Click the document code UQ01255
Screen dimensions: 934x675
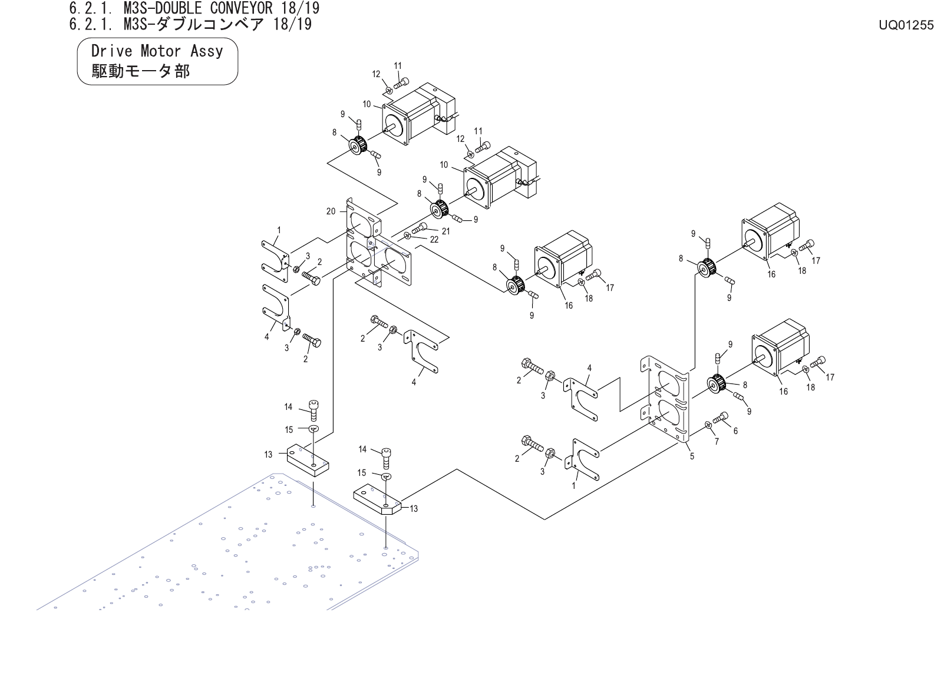click(x=906, y=25)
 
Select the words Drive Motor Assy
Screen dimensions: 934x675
click(x=157, y=51)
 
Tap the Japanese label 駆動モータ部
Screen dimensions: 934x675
click(x=141, y=71)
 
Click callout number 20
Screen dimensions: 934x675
click(x=331, y=211)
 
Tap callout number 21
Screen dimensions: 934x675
click(x=445, y=231)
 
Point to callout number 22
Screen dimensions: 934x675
click(x=434, y=240)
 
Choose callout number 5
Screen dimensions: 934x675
click(x=692, y=455)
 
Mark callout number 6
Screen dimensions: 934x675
click(x=735, y=431)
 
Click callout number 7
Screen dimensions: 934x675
click(x=717, y=442)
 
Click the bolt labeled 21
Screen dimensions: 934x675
click(x=419, y=227)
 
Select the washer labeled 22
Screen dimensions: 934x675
click(x=407, y=236)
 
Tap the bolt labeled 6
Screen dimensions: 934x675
click(x=721, y=418)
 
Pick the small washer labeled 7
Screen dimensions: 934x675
click(x=708, y=425)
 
